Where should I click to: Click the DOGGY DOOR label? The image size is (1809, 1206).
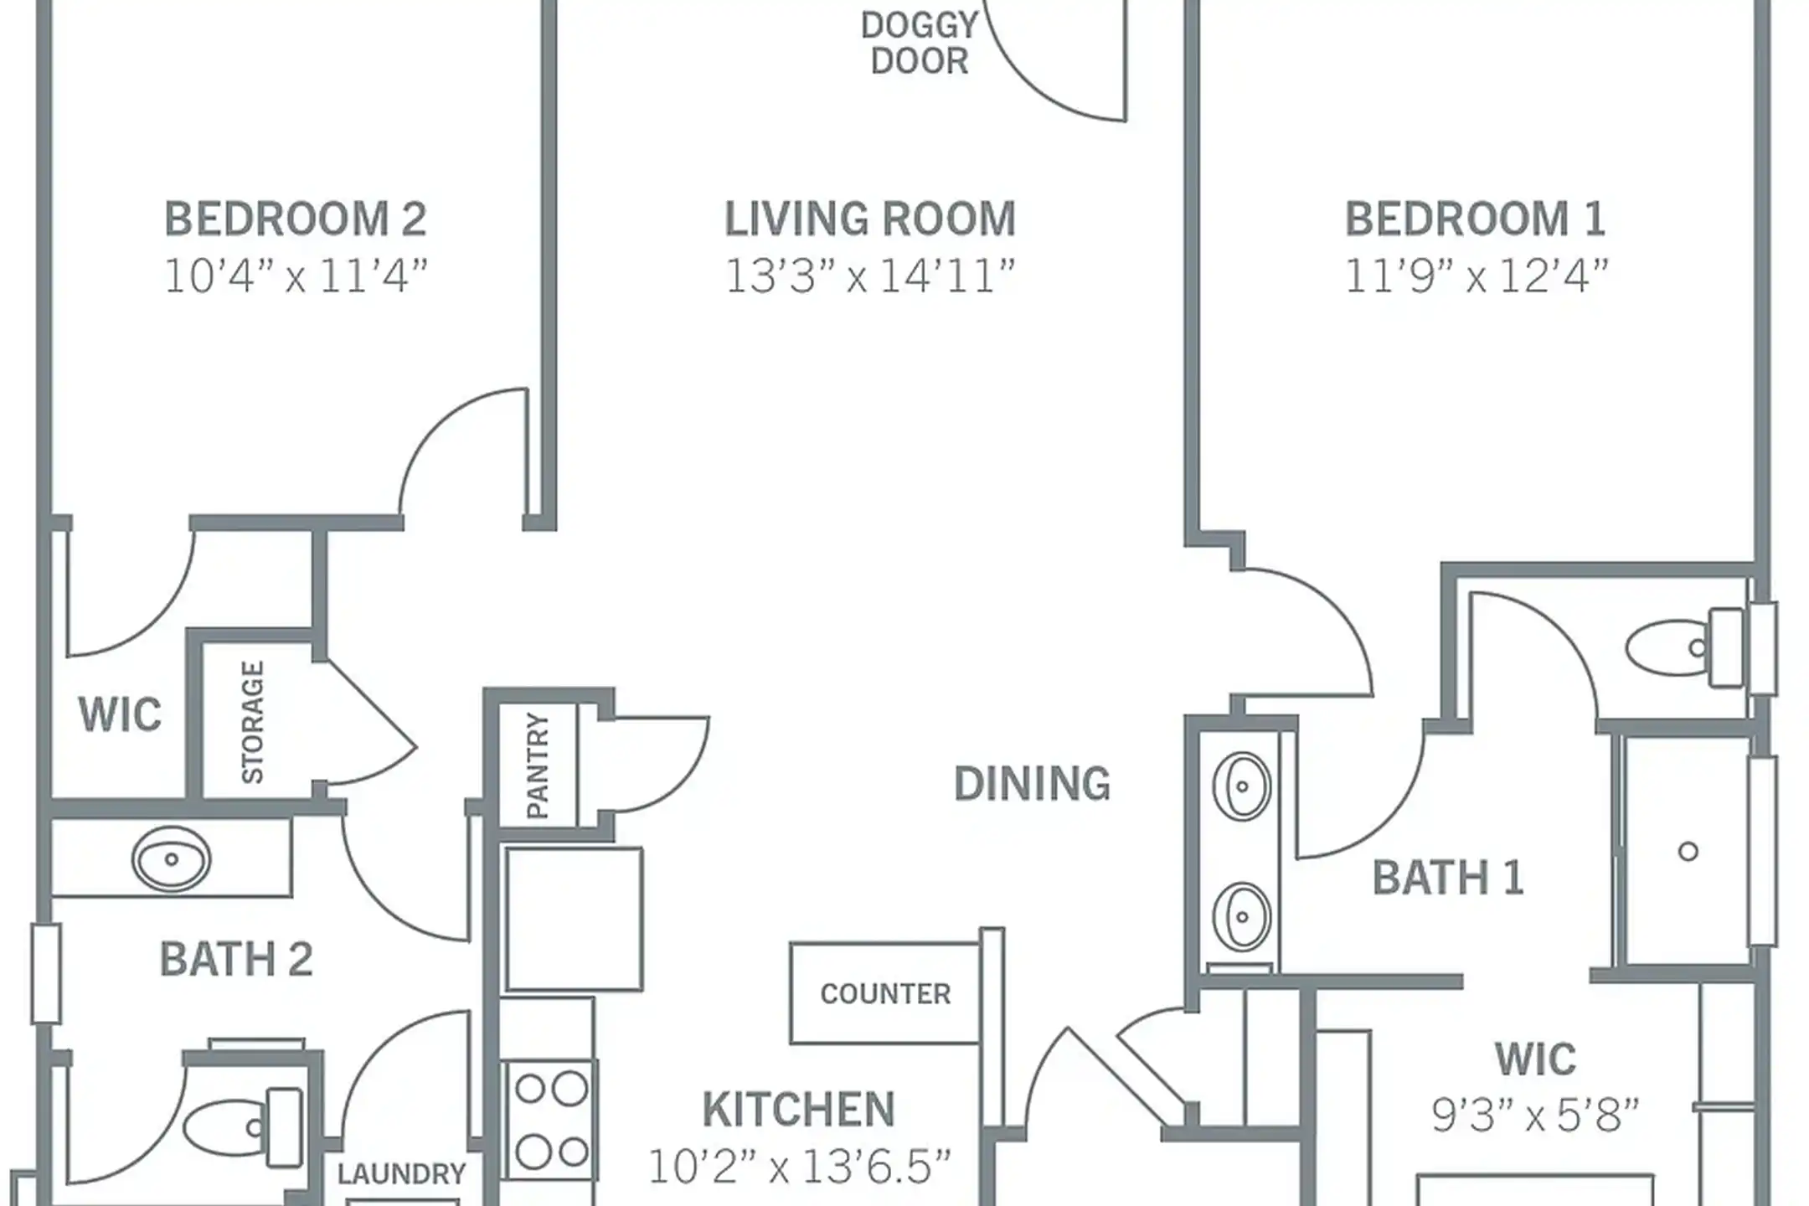[x=919, y=44]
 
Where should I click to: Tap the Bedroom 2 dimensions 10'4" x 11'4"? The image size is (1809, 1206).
[x=296, y=276]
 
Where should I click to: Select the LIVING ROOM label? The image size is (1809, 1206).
[x=869, y=219]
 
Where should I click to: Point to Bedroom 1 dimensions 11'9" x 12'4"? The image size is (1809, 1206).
[x=1476, y=276]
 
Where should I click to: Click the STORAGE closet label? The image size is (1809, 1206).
[x=252, y=722]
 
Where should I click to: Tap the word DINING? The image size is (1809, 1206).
[x=1032, y=784]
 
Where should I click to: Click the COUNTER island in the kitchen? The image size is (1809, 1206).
[x=885, y=994]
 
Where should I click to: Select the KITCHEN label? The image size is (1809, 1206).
[x=798, y=1110]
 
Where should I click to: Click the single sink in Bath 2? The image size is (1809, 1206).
[x=172, y=859]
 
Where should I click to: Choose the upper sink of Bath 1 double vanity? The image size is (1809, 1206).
[x=1241, y=786]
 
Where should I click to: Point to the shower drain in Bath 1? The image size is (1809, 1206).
[x=1688, y=852]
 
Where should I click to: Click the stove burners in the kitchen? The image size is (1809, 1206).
[x=550, y=1121]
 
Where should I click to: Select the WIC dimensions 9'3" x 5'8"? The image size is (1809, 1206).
[x=1534, y=1116]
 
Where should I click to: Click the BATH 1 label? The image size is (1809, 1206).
[x=1447, y=879]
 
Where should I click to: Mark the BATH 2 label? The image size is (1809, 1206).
[x=236, y=960]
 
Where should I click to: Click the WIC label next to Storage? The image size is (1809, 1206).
[x=120, y=714]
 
